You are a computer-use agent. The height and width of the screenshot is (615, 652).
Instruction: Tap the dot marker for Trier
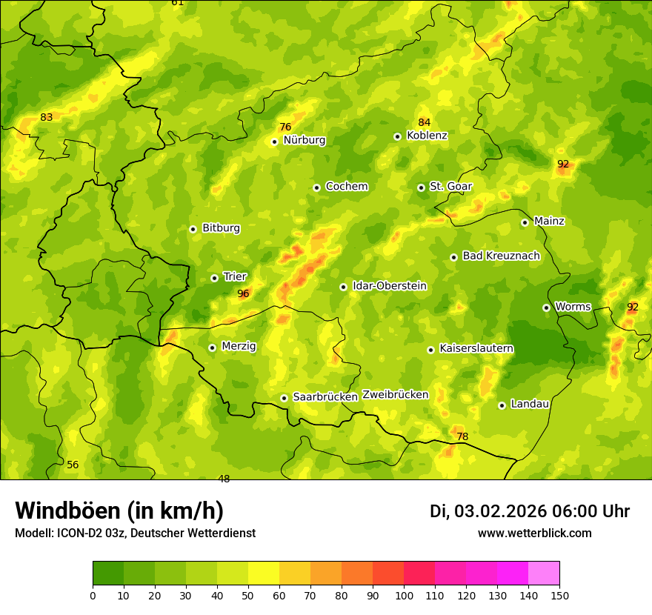click(214, 278)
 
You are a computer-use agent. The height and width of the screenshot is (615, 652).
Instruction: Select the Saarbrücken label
click(325, 397)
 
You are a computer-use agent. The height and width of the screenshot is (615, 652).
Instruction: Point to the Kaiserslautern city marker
click(430, 350)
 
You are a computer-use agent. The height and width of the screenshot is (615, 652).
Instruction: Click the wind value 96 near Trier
click(243, 294)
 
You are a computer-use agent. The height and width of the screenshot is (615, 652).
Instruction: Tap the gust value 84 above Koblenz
click(424, 122)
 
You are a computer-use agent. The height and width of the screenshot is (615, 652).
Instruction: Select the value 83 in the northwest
click(47, 117)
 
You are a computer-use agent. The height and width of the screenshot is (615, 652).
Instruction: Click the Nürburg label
click(304, 140)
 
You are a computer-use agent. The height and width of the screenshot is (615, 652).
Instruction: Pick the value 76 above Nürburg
click(285, 127)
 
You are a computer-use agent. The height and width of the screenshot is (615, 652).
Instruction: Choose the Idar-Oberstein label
click(389, 286)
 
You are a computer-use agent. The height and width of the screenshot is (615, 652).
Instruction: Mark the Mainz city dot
click(525, 222)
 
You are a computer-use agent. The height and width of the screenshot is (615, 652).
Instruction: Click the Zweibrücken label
click(395, 395)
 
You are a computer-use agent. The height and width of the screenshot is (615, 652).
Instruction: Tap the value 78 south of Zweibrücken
click(462, 437)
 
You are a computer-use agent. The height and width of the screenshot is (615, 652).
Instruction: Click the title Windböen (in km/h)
click(119, 511)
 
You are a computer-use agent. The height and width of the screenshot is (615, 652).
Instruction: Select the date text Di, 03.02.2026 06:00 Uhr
click(529, 511)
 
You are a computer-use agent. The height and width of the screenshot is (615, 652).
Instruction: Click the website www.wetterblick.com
click(534, 533)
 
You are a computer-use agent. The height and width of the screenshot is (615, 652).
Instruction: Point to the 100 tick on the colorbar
click(404, 595)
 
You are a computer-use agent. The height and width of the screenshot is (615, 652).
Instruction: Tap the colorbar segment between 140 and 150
click(544, 574)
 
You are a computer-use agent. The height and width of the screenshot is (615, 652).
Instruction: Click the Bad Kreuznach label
click(501, 256)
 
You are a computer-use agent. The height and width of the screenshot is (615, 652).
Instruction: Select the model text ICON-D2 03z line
click(135, 533)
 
